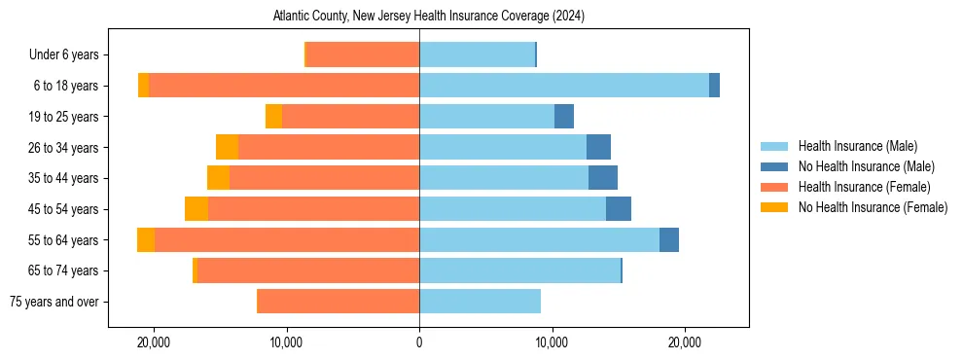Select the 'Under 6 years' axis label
coord(70,55)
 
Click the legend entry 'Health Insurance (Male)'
coord(857,146)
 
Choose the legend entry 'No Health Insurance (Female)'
coord(873,207)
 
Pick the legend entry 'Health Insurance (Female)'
coord(864,187)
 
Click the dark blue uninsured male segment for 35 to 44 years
coord(603,178)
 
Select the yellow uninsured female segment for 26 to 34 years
coord(227,147)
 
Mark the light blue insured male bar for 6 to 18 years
coord(564,86)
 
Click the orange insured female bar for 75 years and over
coord(338,302)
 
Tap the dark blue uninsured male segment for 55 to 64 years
coord(669,239)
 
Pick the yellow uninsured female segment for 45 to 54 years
coord(196,209)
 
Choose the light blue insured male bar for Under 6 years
coord(477,55)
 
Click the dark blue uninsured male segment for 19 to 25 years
coord(564,117)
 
